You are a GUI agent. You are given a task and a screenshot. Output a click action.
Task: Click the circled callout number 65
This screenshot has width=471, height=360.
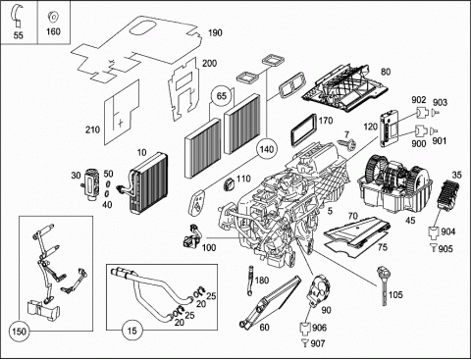tap(222, 96)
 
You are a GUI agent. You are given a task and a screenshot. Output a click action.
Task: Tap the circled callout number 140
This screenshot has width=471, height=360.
tap(266, 149)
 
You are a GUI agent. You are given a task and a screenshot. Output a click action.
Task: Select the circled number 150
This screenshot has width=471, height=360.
tap(19, 332)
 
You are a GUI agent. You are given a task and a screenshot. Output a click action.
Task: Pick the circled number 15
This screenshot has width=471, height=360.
tap(131, 331)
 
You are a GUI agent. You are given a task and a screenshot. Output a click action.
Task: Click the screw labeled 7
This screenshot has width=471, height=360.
tap(348, 144)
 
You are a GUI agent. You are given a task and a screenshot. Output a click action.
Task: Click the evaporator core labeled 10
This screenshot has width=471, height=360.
tap(148, 182)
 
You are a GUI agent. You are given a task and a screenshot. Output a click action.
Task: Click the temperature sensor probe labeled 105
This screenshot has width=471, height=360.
tap(384, 285)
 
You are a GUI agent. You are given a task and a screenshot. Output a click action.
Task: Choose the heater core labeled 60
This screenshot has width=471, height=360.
tap(270, 301)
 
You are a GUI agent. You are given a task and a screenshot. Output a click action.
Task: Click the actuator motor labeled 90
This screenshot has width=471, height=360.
tap(318, 290)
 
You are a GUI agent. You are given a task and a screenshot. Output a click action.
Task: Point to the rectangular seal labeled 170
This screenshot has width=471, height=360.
tap(304, 131)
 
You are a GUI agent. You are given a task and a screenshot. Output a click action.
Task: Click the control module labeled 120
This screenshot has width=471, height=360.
tap(390, 128)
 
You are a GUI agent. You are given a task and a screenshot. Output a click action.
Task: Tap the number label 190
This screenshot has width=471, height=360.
tap(215, 32)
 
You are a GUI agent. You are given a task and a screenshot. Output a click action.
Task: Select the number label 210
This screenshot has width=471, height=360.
tap(92, 129)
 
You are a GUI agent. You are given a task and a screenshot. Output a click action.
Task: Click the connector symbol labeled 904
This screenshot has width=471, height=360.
tap(434, 232)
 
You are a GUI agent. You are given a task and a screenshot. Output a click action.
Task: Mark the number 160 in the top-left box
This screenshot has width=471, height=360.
tap(53, 31)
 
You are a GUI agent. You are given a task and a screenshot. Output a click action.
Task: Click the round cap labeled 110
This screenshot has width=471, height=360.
tap(230, 185)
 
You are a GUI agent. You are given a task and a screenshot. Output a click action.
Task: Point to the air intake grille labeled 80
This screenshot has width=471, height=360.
tap(345, 87)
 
